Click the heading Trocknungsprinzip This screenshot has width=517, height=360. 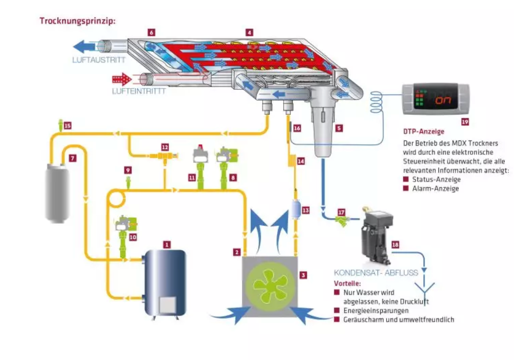pyautogui.click(x=78, y=21)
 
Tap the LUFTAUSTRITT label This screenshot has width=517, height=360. pyautogui.click(x=99, y=60)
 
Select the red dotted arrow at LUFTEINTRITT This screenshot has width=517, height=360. pyautogui.click(x=122, y=80)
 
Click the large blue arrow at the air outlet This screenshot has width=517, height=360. pyautogui.click(x=84, y=47)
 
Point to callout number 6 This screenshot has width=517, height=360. pyautogui.click(x=151, y=32)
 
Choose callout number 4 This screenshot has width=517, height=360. pyautogui.click(x=249, y=32)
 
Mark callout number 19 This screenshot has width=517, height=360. pyautogui.click(x=465, y=122)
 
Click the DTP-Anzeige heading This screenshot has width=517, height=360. pyautogui.click(x=424, y=131)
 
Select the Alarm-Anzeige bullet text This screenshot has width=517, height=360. pyautogui.click(x=436, y=189)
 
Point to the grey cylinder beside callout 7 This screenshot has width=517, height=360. pyautogui.click(x=57, y=193)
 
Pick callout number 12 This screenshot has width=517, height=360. pyautogui.click(x=165, y=147)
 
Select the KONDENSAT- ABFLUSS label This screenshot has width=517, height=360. pyautogui.click(x=376, y=273)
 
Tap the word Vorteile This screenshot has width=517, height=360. pyautogui.click(x=347, y=283)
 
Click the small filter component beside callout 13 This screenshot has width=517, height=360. pyautogui.click(x=296, y=210)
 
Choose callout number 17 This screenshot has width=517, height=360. pyautogui.click(x=341, y=212)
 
